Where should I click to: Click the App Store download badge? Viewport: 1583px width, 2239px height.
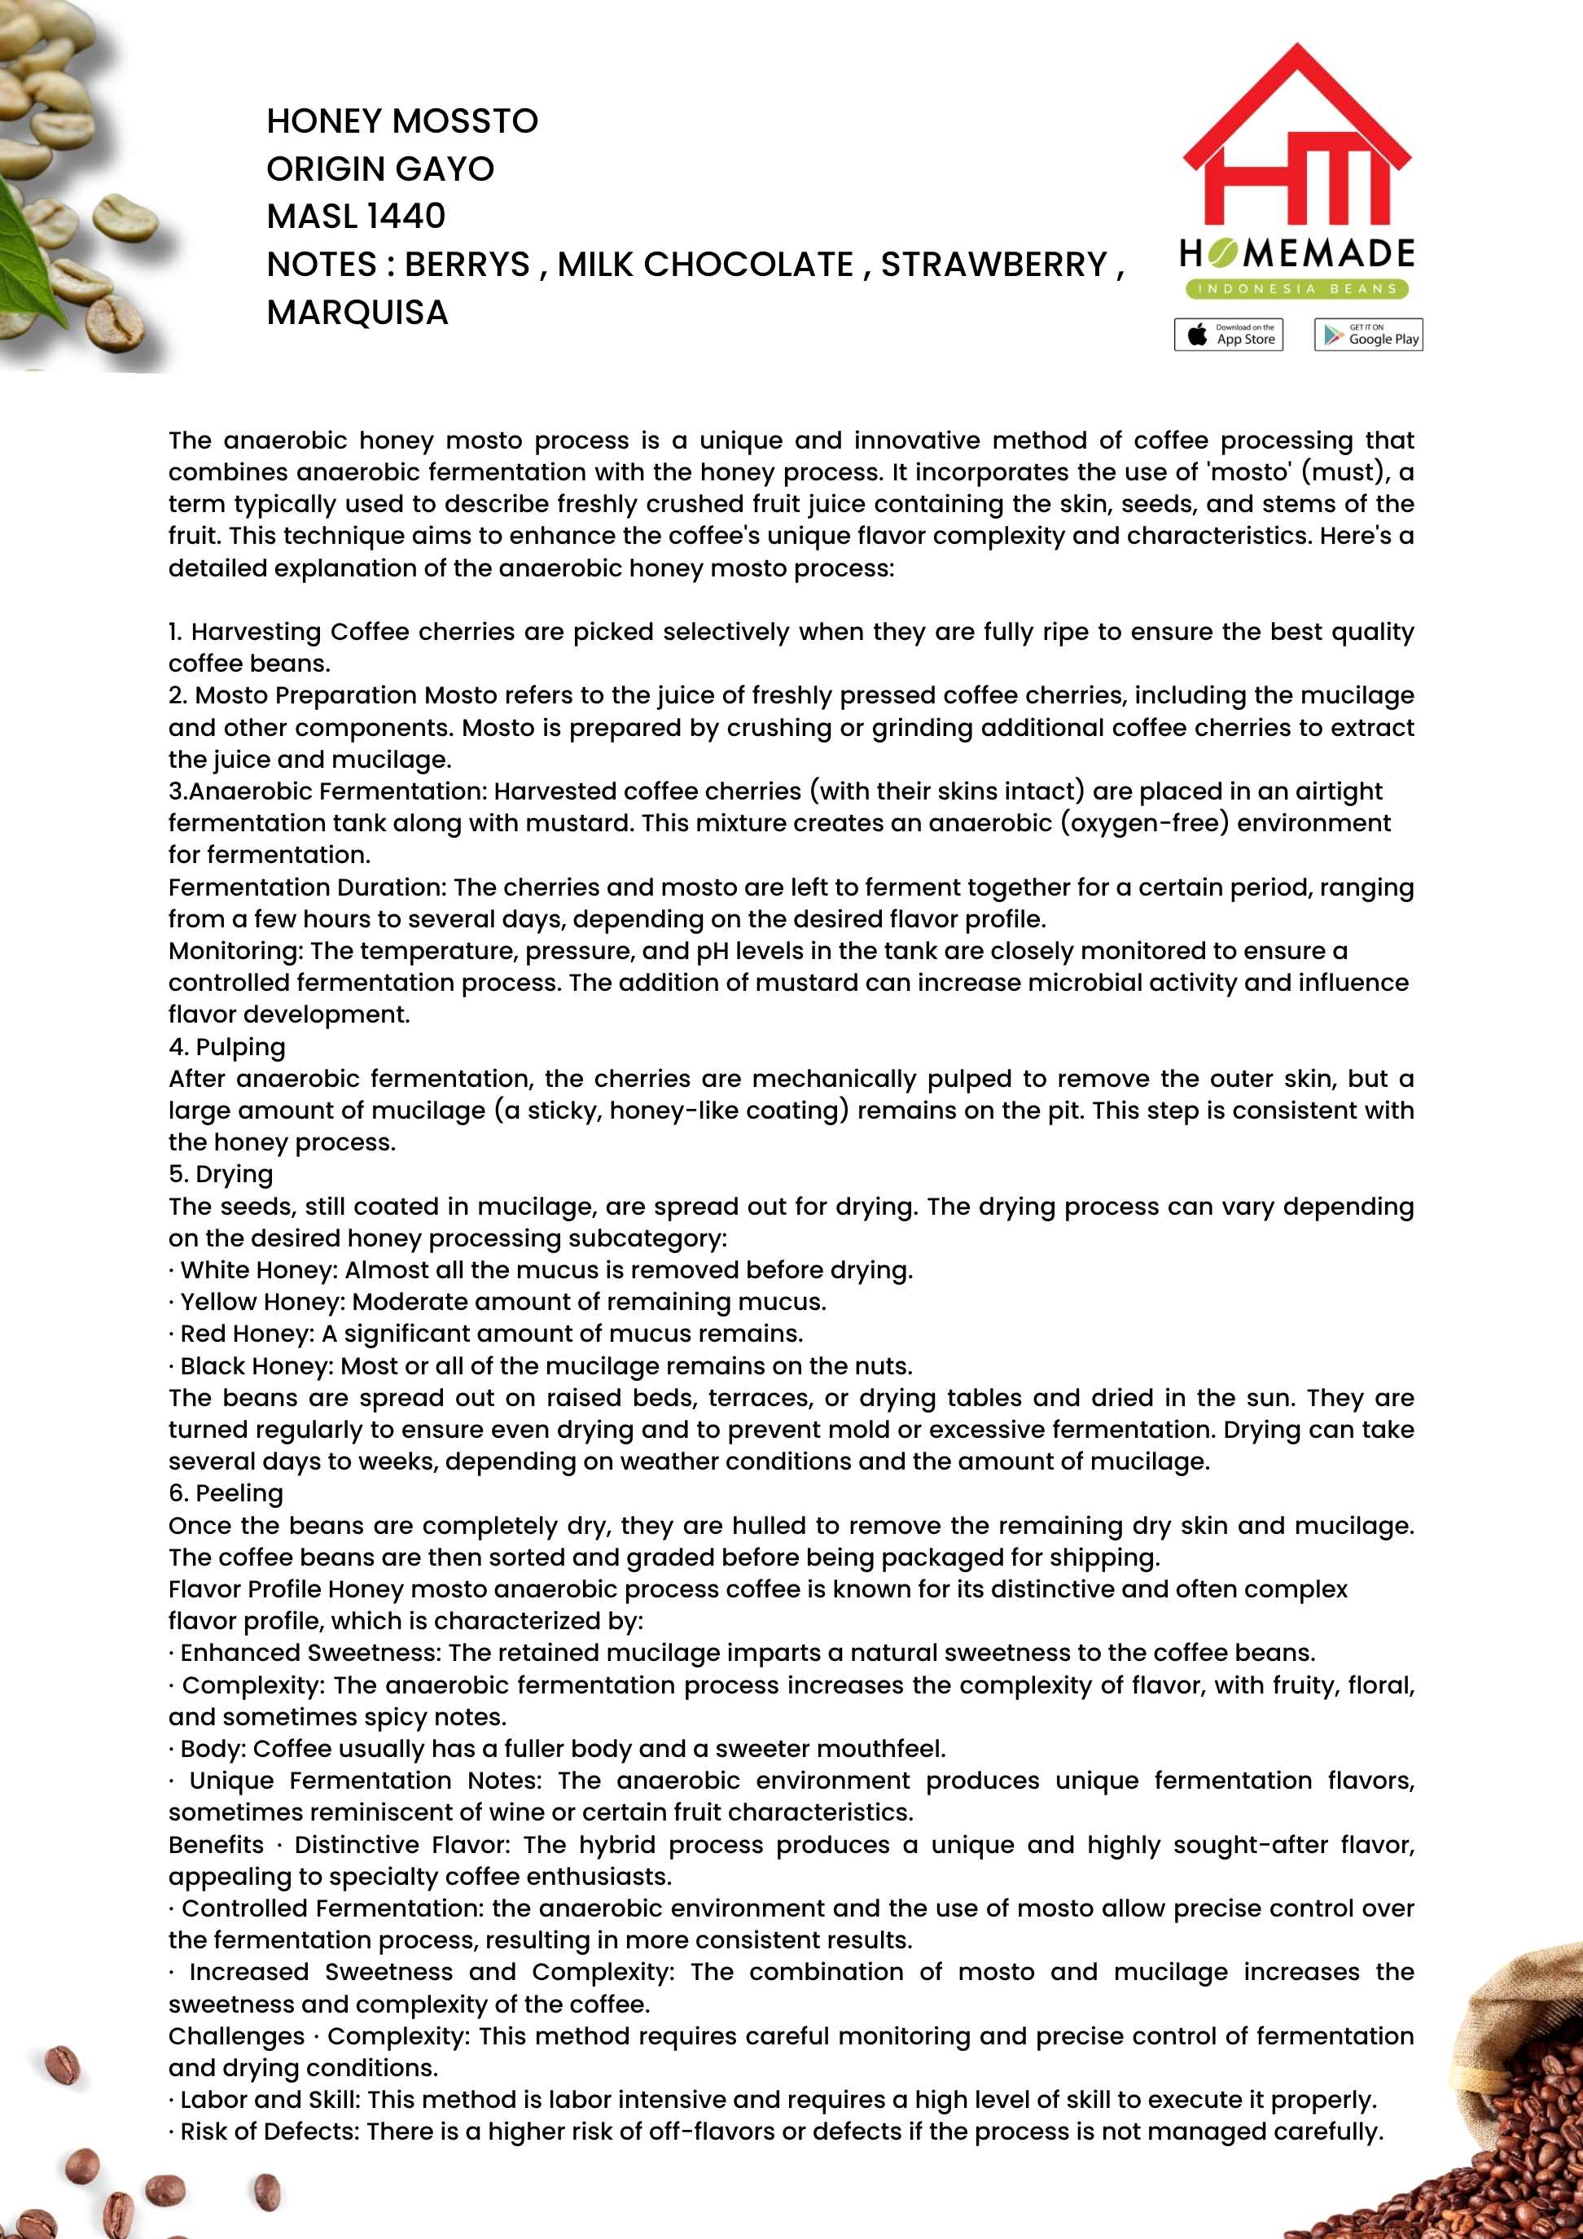(x=1228, y=335)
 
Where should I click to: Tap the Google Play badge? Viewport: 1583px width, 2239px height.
(x=1367, y=335)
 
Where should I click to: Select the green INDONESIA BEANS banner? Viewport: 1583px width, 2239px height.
(x=1296, y=289)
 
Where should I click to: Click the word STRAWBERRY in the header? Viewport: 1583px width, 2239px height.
(x=994, y=265)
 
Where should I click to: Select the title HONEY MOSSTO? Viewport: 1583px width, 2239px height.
(x=401, y=121)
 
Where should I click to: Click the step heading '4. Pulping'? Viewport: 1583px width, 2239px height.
(x=227, y=1046)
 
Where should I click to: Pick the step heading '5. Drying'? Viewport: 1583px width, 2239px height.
(x=221, y=1174)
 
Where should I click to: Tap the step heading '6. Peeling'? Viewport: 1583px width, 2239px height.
(x=226, y=1493)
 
